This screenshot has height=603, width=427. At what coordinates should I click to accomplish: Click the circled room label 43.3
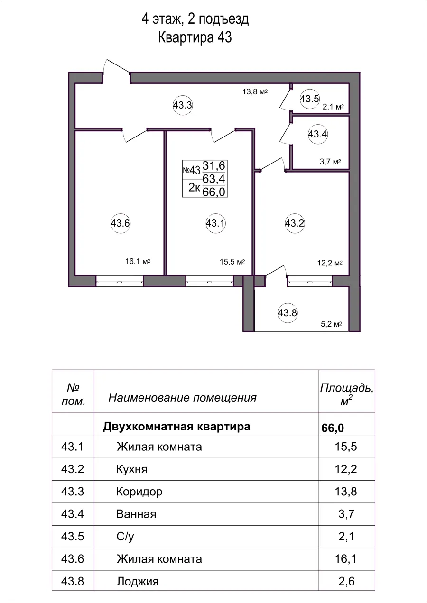coord(182,106)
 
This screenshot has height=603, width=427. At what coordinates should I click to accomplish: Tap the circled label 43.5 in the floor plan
coord(309,99)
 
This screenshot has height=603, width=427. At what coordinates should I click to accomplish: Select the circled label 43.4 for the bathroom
coord(317,134)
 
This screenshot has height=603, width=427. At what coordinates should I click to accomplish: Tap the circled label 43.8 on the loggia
coord(287,313)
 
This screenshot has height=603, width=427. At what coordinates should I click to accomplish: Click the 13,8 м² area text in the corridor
coord(255,92)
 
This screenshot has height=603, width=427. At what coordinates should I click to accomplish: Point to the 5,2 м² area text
coord(332,325)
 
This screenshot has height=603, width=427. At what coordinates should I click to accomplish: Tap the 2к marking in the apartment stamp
coord(194,188)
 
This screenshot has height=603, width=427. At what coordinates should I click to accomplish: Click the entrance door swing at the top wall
coord(117,68)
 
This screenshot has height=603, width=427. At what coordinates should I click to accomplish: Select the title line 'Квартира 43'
coord(195,38)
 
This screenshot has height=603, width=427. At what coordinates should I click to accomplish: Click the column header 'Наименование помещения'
coord(182,397)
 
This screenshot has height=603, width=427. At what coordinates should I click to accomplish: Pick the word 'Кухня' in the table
coord(131,469)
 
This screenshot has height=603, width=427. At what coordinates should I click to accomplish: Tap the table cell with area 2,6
coord(345,581)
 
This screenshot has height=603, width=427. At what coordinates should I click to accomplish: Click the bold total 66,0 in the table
coord(333,428)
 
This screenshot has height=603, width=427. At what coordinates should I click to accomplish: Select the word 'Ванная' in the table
coord(136,514)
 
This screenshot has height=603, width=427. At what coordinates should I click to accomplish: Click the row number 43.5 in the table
coord(73,536)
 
